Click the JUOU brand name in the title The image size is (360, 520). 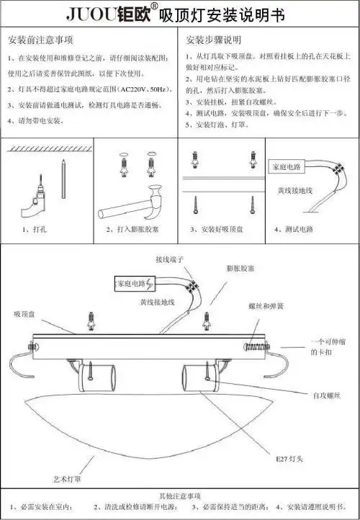click(91, 14)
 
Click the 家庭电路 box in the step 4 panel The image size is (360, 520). click(287, 167)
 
